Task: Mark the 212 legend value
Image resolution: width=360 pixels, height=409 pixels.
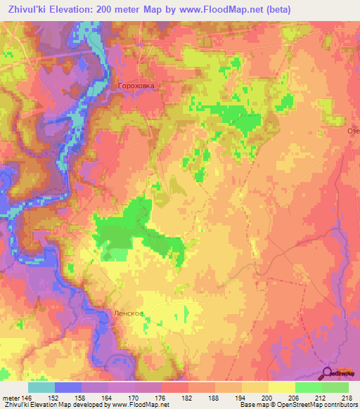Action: [x=324, y=398]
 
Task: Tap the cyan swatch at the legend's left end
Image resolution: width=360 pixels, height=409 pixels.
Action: [x=41, y=387]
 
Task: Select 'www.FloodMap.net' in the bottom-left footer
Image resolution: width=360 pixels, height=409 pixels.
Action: [x=134, y=405]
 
